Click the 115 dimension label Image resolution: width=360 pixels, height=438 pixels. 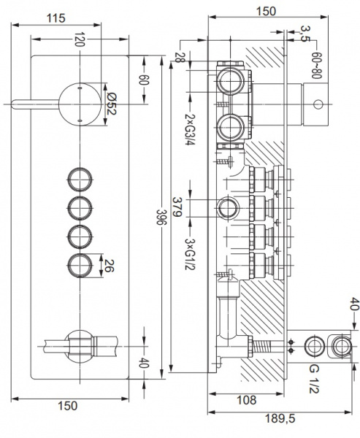(56, 18)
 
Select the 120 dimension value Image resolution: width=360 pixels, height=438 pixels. (80, 39)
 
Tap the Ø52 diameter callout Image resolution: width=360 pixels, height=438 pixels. (111, 104)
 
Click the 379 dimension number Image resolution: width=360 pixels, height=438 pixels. (177, 207)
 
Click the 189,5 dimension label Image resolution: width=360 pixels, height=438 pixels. (280, 418)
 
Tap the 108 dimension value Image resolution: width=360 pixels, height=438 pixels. (246, 400)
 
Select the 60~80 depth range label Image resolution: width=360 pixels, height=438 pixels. (317, 65)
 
